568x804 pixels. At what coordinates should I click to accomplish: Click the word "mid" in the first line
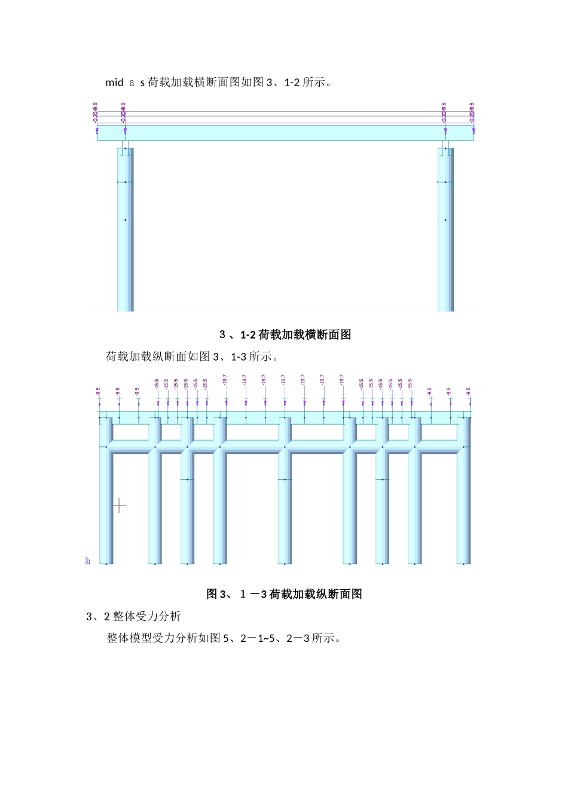(114, 83)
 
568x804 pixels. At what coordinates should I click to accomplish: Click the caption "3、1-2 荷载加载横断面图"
(285, 335)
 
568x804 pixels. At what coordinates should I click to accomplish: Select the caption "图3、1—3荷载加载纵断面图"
(284, 594)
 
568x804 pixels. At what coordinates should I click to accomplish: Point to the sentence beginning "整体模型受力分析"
(224, 638)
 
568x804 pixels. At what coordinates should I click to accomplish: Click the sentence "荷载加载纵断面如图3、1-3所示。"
(193, 357)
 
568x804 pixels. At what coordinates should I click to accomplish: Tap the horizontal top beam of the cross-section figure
(285, 133)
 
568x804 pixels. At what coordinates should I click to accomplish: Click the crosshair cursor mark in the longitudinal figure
(120, 506)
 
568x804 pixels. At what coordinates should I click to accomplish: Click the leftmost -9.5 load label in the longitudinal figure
(99, 391)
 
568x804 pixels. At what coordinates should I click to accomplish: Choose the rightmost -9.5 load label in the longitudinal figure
(469, 391)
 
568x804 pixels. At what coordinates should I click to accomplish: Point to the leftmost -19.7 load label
(225, 380)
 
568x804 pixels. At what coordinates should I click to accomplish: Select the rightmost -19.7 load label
(342, 380)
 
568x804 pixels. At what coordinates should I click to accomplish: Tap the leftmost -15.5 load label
(157, 383)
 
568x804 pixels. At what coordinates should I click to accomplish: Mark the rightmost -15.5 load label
(410, 383)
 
